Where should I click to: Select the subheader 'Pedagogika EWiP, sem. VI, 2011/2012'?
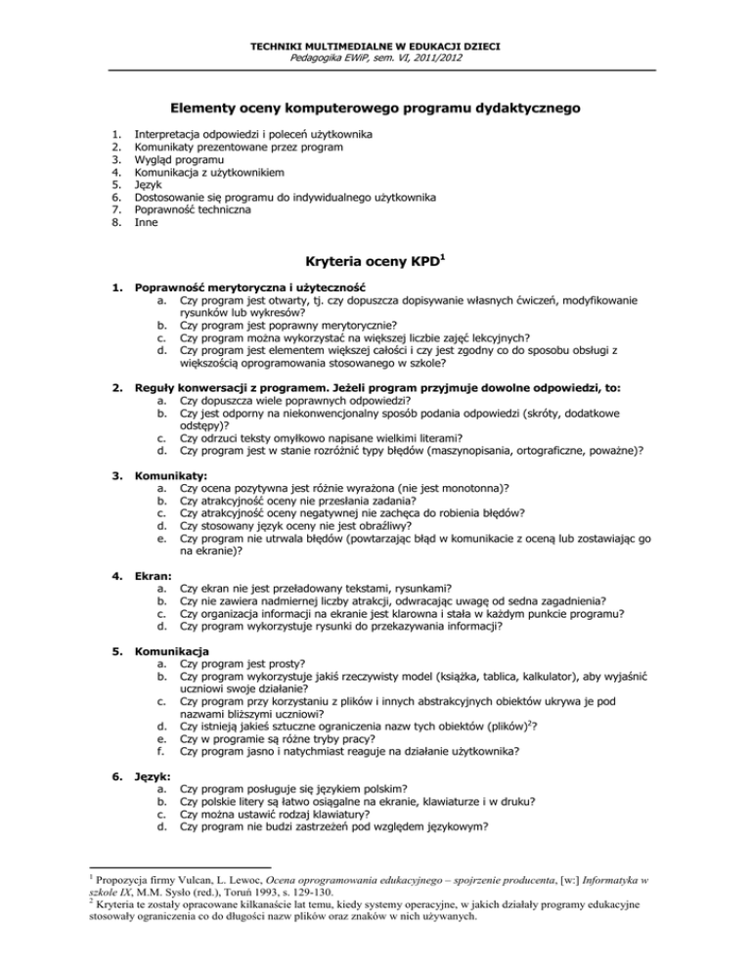(x=375, y=59)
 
